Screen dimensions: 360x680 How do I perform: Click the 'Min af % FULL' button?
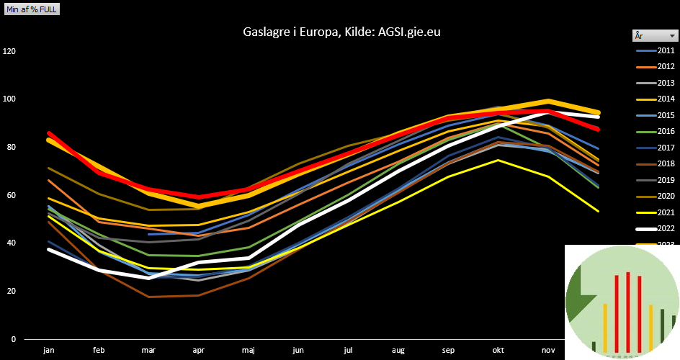click(x=32, y=9)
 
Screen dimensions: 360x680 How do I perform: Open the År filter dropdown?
click(x=671, y=35)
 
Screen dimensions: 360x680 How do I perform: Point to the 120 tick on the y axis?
click(x=9, y=51)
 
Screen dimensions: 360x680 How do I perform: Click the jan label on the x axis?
click(x=49, y=350)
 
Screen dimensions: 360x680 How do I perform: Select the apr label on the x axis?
click(x=199, y=350)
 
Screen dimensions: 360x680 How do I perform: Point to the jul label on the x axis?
click(x=349, y=350)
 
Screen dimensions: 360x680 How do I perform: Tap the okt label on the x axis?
click(x=498, y=350)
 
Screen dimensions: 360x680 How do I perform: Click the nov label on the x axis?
click(x=548, y=350)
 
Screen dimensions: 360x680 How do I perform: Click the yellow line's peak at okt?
click(x=498, y=160)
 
